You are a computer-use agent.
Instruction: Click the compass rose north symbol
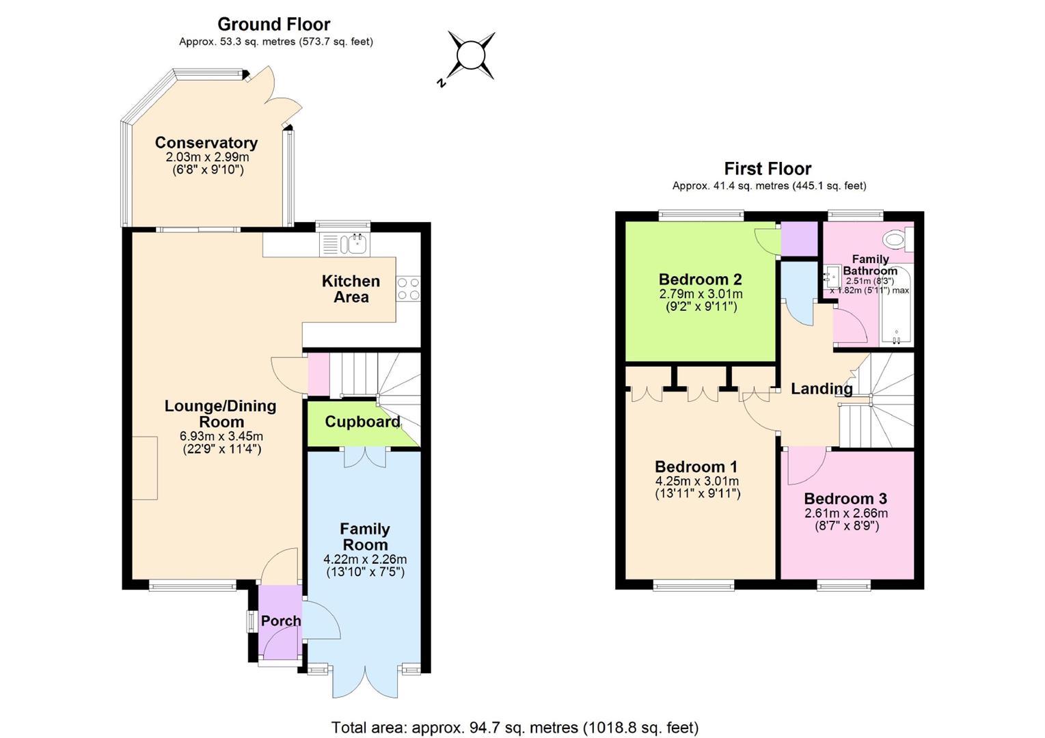click(441, 83)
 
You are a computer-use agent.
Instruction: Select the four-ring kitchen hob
click(408, 289)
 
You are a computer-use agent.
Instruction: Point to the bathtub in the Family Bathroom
click(896, 305)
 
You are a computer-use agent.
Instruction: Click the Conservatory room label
click(206, 142)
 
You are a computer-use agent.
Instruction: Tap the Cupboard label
click(362, 422)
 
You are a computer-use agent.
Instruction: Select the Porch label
click(281, 621)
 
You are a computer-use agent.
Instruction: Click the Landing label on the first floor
click(822, 389)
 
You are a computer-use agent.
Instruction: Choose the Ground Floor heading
click(274, 24)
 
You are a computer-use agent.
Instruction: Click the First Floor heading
click(768, 168)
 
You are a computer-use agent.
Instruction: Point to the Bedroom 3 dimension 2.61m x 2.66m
click(846, 514)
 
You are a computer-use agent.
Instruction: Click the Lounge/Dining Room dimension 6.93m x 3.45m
click(221, 437)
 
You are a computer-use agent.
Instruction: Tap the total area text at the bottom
click(515, 727)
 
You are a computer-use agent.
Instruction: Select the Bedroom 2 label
click(701, 279)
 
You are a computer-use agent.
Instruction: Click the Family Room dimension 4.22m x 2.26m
click(365, 560)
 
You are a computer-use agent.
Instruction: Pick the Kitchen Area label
click(351, 289)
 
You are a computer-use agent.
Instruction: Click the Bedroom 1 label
click(696, 467)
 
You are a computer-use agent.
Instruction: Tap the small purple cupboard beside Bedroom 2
click(800, 239)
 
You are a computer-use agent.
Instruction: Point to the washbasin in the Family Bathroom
click(831, 277)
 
